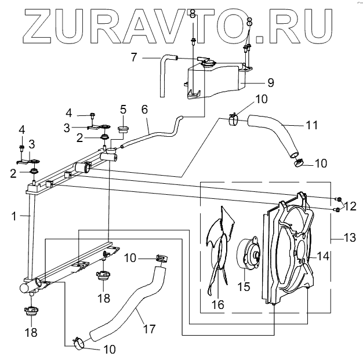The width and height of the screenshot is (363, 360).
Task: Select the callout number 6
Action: click(145, 110)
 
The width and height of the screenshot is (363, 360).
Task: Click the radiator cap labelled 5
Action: click(122, 127)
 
